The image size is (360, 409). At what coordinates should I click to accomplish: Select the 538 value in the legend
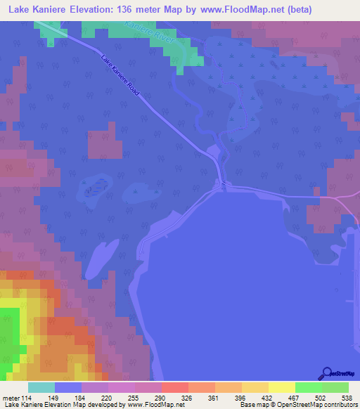pos(347,398)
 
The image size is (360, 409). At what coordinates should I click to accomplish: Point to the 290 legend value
pos(161,398)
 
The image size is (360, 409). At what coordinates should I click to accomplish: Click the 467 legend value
pos(294,398)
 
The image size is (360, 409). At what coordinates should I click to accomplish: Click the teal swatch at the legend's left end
pos(41,387)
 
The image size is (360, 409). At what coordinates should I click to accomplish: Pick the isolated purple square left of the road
pos(101,140)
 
